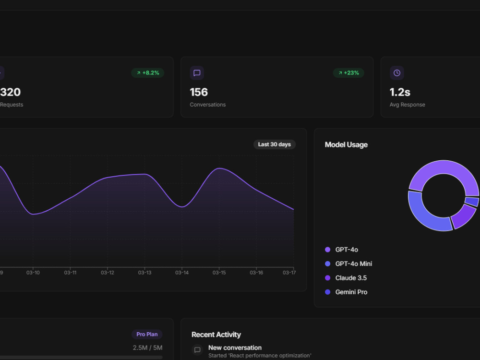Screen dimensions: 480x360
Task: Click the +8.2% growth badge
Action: coord(147,73)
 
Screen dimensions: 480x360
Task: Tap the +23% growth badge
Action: coord(348,73)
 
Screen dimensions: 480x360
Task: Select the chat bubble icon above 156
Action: coord(197,73)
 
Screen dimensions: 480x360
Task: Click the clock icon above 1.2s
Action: coord(397,73)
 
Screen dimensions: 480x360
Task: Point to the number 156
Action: coord(199,92)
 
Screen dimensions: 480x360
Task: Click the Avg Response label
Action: coord(407,105)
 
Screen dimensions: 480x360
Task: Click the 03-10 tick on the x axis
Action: coord(33,273)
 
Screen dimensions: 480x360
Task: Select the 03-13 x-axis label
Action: coord(144,273)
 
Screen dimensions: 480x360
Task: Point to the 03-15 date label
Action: coord(219,273)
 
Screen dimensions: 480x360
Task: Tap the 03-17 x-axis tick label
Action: coord(289,273)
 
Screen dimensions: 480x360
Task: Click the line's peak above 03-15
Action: coord(219,168)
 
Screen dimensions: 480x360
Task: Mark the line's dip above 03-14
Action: coord(182,207)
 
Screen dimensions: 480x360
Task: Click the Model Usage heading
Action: coord(346,145)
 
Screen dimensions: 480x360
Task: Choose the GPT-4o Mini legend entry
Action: coord(348,264)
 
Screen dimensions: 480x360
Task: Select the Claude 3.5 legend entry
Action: coord(346,278)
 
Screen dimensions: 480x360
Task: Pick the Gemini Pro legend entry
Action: coord(346,292)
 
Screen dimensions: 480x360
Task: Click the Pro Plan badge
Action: coord(147,334)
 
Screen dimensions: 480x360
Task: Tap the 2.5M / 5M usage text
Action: coord(147,348)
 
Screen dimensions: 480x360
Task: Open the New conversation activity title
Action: coord(235,348)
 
